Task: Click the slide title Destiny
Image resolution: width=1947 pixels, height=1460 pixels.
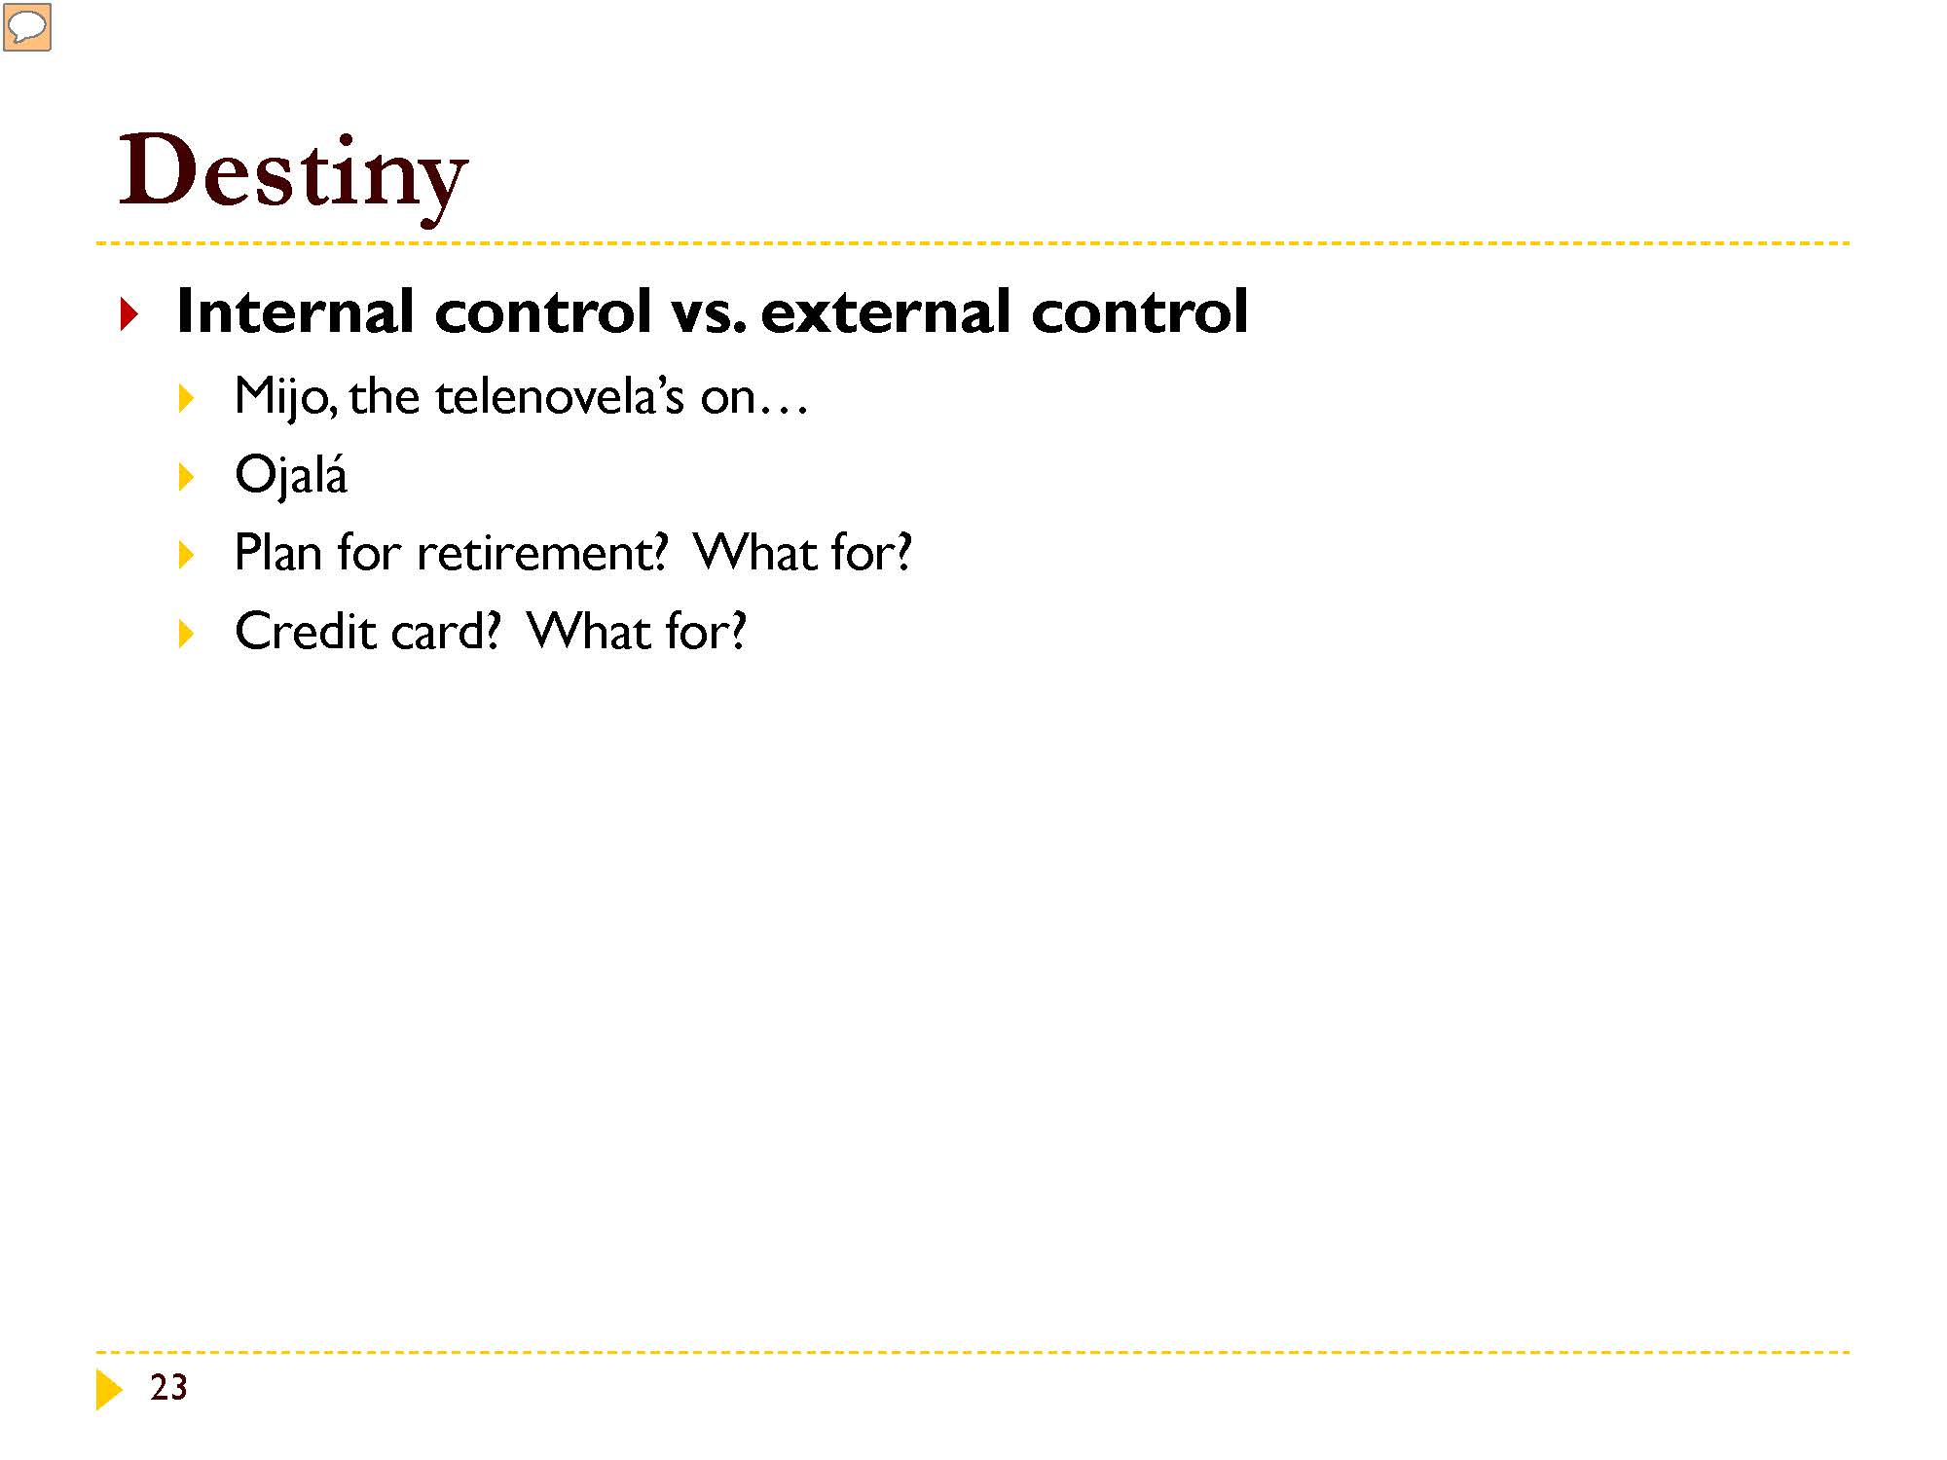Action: tap(293, 175)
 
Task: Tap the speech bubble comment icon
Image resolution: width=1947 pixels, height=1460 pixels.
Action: tap(27, 27)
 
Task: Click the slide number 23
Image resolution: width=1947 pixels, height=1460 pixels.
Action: tap(168, 1388)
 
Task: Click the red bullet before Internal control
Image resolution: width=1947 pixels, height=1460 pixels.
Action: tap(129, 314)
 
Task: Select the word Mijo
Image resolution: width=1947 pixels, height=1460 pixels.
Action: tap(286, 397)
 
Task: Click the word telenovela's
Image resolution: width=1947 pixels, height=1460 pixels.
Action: tap(560, 396)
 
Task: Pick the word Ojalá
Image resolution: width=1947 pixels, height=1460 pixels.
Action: tap(291, 475)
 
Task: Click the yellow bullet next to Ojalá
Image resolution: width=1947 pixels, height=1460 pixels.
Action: tap(187, 477)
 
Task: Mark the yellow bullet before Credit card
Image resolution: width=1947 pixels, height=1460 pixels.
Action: tap(187, 634)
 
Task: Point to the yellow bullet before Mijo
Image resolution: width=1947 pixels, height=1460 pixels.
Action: tap(187, 398)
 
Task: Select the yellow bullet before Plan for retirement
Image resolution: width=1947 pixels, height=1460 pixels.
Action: tap(187, 555)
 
